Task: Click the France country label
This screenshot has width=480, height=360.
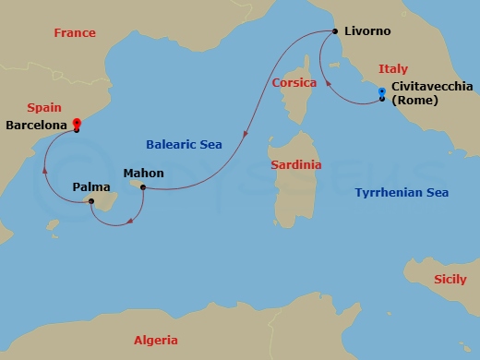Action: coord(75,32)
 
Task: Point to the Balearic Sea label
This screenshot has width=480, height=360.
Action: coord(184,144)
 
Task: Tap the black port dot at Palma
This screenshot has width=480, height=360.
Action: coord(91,200)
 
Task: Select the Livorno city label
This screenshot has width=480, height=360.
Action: coord(367,31)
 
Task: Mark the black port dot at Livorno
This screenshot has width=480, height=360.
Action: coord(334,31)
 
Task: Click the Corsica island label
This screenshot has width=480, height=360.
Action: coord(294,83)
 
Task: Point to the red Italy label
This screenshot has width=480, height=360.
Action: coord(392,68)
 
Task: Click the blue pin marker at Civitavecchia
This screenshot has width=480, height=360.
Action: coord(381,91)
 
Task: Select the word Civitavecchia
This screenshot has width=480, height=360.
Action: coord(432,86)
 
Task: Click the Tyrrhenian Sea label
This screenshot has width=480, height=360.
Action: coord(402,192)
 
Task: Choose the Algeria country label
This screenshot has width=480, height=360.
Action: coord(156,340)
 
